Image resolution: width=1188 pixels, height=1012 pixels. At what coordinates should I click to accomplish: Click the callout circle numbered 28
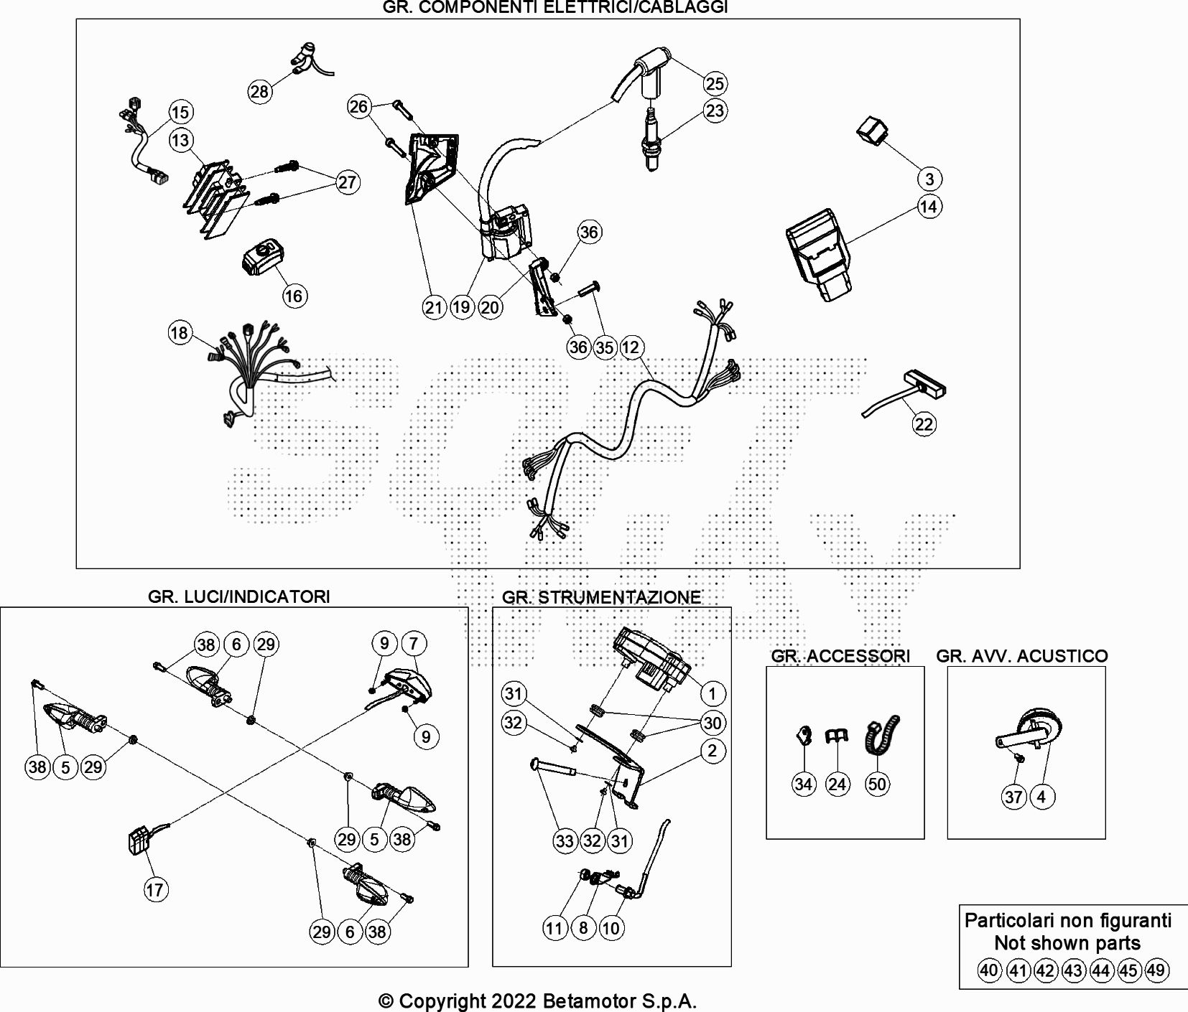click(x=259, y=91)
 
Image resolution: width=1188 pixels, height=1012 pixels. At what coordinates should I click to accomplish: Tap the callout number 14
click(x=929, y=207)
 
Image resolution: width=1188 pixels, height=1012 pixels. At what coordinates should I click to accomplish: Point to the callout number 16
click(x=294, y=296)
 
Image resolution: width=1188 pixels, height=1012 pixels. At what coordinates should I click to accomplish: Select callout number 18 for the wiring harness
click(x=179, y=332)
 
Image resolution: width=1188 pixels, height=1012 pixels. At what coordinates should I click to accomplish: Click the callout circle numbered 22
click(x=924, y=424)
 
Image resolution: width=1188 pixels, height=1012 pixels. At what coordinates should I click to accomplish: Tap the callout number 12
click(x=630, y=347)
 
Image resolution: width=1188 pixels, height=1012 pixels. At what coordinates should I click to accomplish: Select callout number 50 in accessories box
click(x=877, y=784)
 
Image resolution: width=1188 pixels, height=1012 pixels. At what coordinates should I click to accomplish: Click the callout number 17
click(x=155, y=890)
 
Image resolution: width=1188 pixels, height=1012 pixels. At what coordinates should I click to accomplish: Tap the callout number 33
click(x=565, y=840)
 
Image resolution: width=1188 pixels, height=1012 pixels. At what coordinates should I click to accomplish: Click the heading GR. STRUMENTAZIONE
click(x=601, y=597)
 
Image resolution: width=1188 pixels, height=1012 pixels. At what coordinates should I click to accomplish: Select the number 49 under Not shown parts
click(x=1156, y=971)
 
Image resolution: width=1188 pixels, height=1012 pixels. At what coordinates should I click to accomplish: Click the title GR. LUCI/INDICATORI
click(x=239, y=596)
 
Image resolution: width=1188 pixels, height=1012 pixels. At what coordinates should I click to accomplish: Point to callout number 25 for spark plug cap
click(x=714, y=83)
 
